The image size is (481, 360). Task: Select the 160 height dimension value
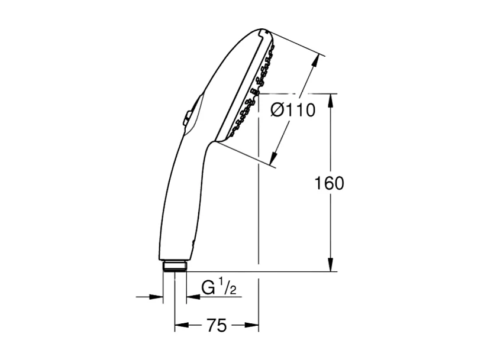328,183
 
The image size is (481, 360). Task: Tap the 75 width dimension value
217,326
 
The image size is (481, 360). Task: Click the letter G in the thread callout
207,288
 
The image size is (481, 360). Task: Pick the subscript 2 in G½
234,291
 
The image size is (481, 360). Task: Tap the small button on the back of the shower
186,118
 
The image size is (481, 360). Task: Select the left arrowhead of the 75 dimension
180,325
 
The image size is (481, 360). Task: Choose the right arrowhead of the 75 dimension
253,325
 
